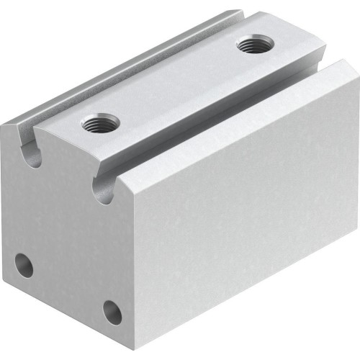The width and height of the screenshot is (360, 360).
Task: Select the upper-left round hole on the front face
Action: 24,265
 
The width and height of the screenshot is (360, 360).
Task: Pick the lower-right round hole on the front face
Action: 112,311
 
